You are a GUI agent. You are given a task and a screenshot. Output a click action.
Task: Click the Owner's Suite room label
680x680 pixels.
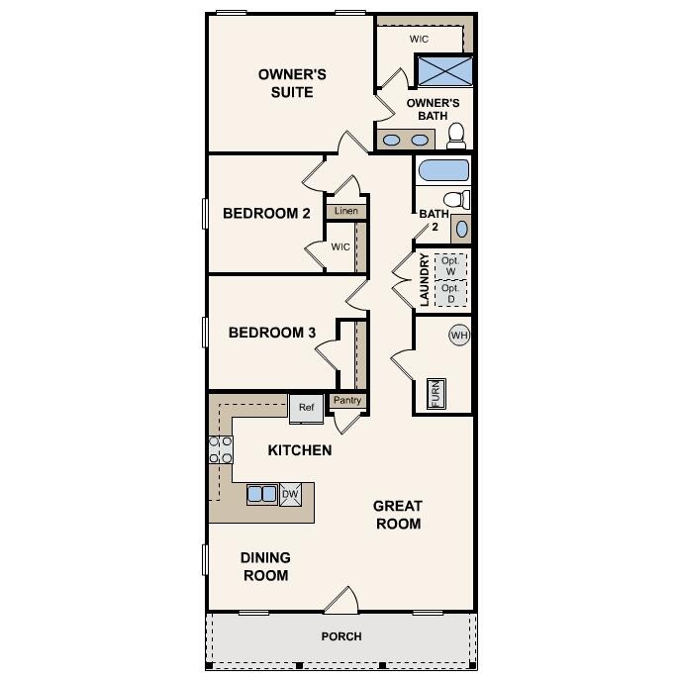click(x=292, y=83)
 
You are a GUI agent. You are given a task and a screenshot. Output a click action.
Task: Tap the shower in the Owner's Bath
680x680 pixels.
click(x=442, y=71)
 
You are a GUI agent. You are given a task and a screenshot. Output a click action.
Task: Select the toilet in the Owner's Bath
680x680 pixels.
click(x=456, y=134)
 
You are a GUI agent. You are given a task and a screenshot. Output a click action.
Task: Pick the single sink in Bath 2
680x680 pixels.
click(x=461, y=229)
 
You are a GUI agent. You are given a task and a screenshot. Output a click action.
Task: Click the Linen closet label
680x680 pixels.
click(x=345, y=211)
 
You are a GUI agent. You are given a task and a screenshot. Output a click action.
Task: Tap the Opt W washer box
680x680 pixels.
click(x=449, y=265)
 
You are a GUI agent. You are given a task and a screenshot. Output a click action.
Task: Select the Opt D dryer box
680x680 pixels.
click(x=449, y=293)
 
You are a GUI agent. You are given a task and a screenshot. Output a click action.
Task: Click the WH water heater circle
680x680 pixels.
click(x=459, y=336)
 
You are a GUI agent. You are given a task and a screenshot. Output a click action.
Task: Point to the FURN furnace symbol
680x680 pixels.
click(x=436, y=393)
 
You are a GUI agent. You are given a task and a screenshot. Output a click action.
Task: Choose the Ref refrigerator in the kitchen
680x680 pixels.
click(x=306, y=407)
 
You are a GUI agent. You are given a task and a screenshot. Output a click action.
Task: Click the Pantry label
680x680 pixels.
click(x=346, y=400)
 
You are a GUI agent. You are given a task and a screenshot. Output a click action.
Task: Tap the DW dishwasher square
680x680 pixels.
click(x=290, y=495)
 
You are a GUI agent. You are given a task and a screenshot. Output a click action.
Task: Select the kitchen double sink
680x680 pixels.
click(x=262, y=495)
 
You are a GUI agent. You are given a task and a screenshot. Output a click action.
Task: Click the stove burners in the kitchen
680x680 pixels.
click(x=220, y=449)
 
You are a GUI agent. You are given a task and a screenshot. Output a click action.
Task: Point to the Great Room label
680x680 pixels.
click(x=397, y=515)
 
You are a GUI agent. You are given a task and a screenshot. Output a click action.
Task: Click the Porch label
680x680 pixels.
click(x=341, y=636)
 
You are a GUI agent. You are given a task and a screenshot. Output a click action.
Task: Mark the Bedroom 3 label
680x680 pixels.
click(x=271, y=333)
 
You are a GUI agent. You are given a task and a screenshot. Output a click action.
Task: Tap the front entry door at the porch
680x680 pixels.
click(x=340, y=601)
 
